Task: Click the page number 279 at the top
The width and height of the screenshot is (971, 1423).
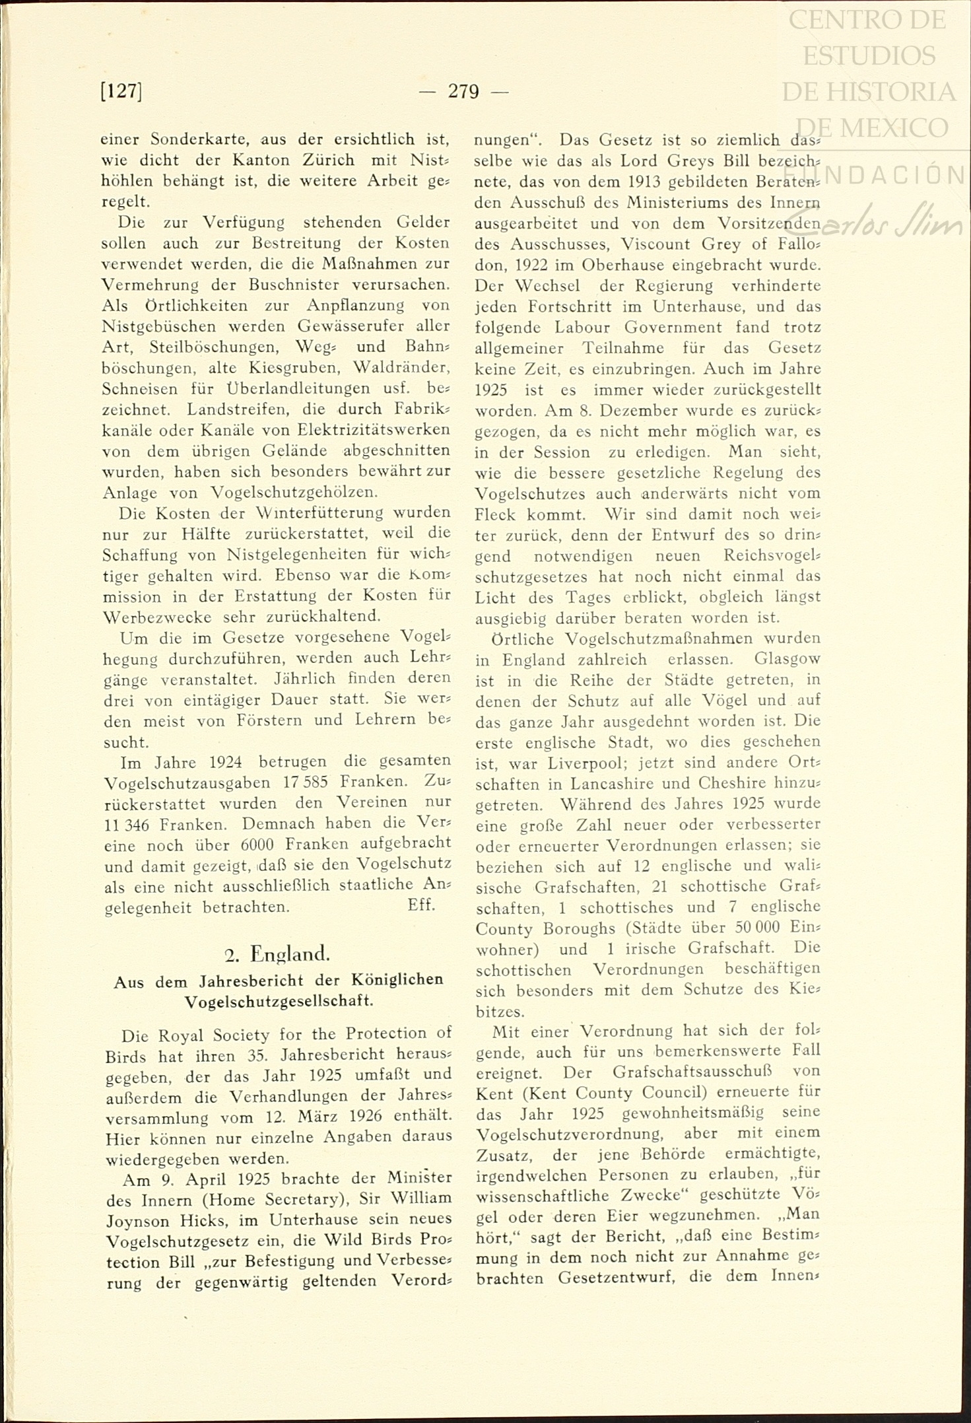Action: pyautogui.click(x=463, y=92)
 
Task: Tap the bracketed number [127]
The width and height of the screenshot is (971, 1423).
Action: pyautogui.click(x=121, y=91)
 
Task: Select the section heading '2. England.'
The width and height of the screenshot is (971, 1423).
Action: pyautogui.click(x=277, y=954)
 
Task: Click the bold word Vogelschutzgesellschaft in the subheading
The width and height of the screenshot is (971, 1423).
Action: pyautogui.click(x=279, y=1000)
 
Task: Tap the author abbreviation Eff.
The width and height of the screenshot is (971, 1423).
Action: pyautogui.click(x=421, y=905)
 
